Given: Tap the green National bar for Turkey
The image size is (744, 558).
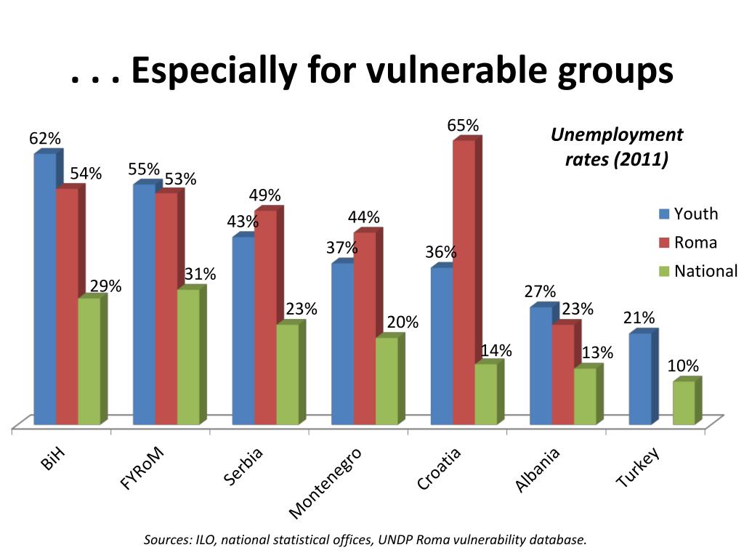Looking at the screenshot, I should click(684, 403).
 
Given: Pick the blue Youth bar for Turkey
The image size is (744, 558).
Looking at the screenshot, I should click(639, 379).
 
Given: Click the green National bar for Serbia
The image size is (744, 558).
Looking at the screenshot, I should click(287, 374).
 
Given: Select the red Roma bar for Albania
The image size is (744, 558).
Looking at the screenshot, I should click(562, 374).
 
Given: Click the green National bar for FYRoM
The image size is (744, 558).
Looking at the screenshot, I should click(188, 357).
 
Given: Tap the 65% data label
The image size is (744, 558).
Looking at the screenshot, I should click(463, 126).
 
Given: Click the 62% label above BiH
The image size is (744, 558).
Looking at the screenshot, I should click(45, 139).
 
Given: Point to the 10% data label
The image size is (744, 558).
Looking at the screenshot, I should click(683, 365).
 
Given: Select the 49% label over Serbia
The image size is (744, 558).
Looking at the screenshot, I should click(264, 195).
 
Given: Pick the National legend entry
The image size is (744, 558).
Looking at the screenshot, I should click(697, 272).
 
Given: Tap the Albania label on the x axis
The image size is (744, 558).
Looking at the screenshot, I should click(538, 470).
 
